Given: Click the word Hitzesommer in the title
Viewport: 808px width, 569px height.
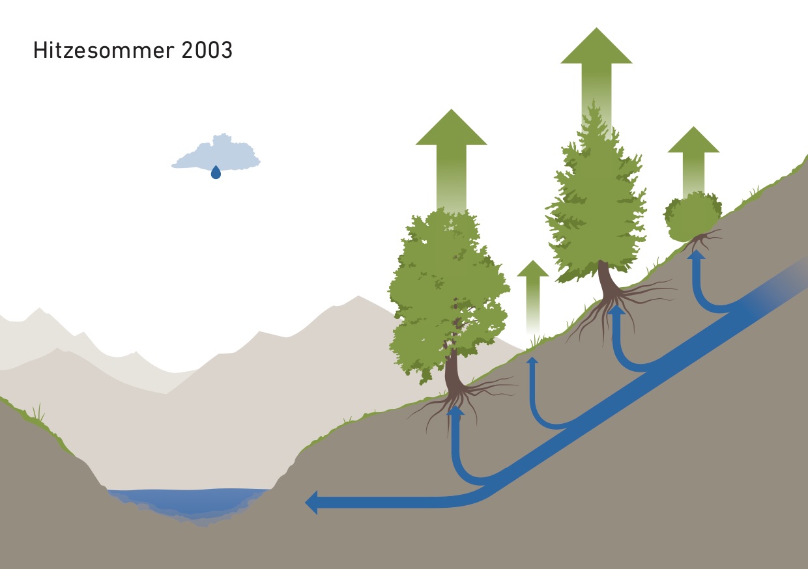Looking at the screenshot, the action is pos(104,50).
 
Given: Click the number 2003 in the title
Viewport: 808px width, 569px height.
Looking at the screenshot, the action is pos(207,50).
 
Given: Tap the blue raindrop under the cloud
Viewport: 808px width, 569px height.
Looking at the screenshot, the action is pos(216,172).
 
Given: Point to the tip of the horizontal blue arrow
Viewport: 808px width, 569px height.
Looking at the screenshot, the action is pos(305,503).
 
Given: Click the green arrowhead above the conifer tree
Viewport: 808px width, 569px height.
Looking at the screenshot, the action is pos(596,46).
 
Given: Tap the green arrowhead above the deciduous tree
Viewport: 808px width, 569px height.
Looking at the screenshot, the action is pos(452,127).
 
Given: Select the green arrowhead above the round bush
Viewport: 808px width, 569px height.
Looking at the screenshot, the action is pos(693,139).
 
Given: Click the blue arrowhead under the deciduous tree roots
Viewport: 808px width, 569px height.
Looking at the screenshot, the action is pos(455,410).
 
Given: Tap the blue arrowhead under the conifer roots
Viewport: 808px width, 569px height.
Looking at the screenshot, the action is pos(617,309).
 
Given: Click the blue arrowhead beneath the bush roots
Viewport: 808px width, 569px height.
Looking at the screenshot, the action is pos(696,255).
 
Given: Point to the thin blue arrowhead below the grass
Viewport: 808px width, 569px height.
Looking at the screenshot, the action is pos(532,359).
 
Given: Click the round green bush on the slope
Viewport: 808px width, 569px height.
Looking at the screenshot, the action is pos(692,217).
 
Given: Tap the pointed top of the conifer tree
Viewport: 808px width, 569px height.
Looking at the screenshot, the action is pos(593,101).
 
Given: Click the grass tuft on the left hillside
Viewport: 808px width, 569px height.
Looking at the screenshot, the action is pos(38,413).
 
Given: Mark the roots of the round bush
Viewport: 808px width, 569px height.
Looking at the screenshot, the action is pos(702,240).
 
